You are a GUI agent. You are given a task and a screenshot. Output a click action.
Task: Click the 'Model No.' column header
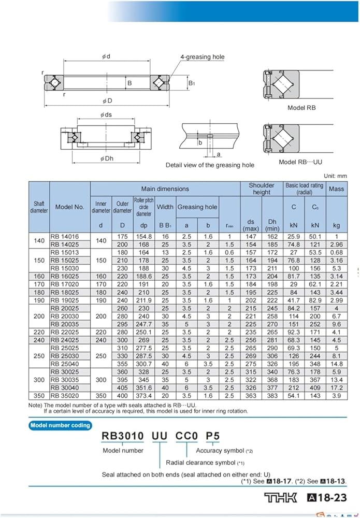point(69,207)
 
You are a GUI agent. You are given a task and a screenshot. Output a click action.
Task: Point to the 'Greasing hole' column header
point(197,207)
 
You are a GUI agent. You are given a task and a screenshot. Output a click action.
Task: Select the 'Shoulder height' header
point(262,189)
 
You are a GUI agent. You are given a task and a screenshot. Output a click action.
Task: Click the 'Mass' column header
point(336,189)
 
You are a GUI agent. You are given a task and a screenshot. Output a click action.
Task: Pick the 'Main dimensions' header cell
point(165,189)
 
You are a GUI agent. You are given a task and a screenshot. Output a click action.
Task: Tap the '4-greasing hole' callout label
point(202,57)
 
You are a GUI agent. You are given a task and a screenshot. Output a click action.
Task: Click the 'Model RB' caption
point(301,108)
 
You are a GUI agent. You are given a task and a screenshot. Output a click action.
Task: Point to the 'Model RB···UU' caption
point(300,162)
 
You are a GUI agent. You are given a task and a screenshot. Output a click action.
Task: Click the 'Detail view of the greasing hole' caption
point(210,165)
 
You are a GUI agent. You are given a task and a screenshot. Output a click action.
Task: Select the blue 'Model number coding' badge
point(61,425)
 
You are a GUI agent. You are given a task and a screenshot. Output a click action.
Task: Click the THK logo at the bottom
point(281,498)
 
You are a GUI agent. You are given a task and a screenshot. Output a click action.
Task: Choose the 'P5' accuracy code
point(213,437)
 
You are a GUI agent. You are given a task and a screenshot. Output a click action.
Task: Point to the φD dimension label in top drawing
point(107,100)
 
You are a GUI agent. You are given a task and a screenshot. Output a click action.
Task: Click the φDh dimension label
point(107,159)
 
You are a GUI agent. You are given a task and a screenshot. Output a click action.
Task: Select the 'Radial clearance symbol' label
point(201,462)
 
